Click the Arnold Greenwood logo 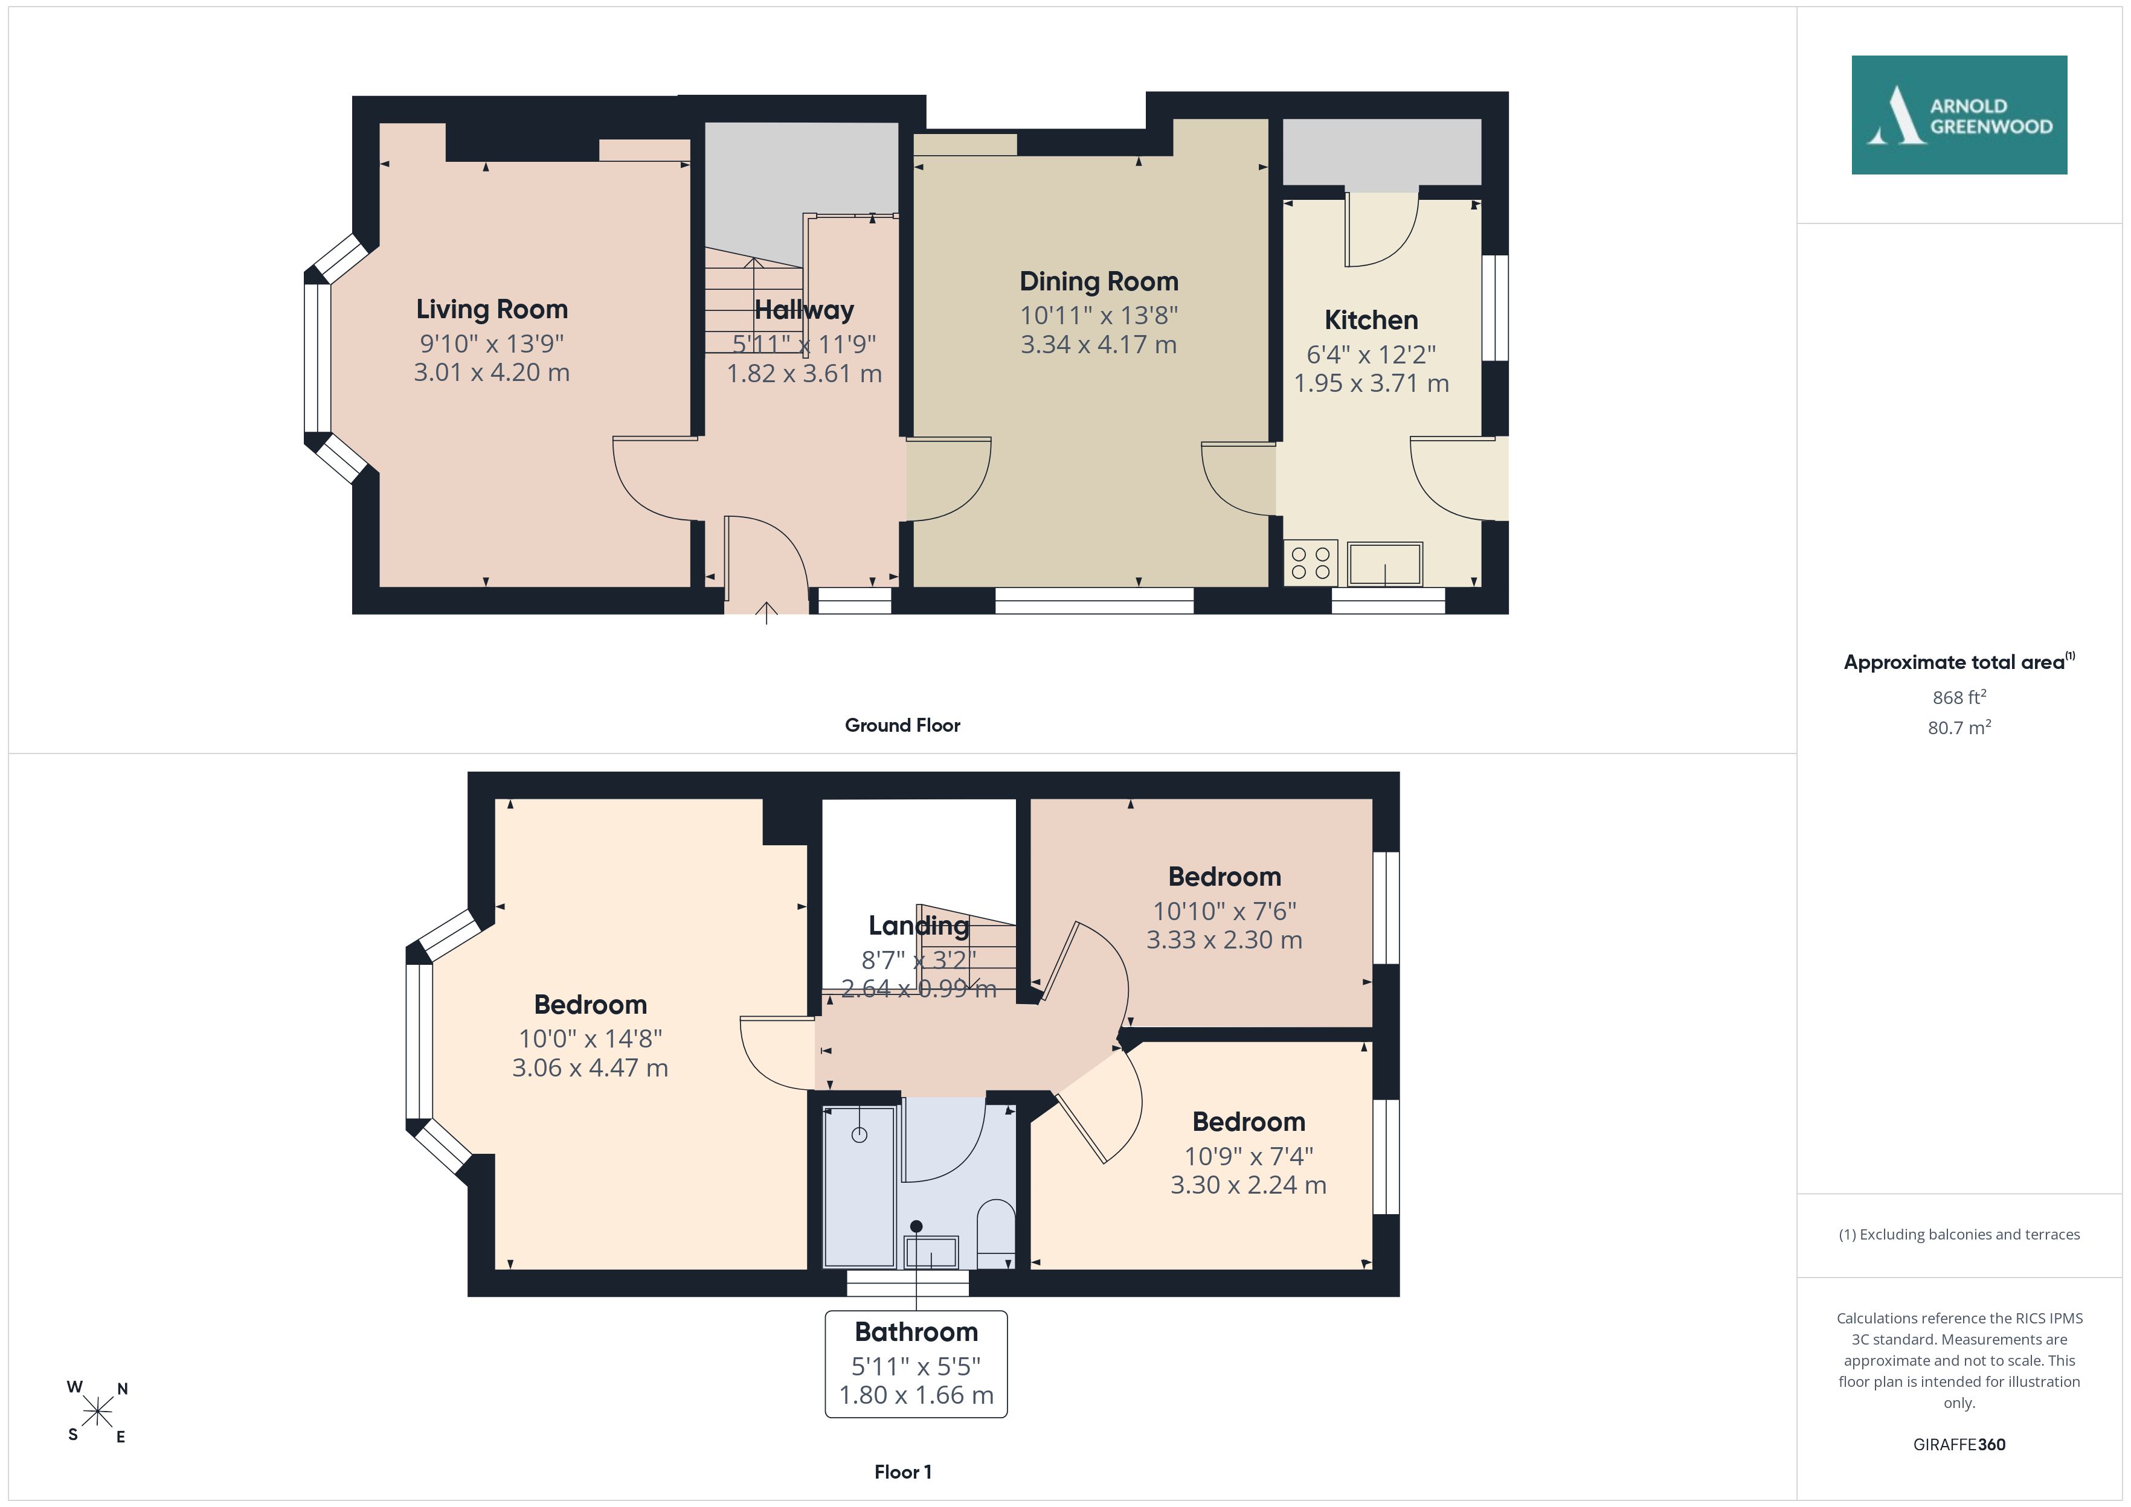click(1959, 115)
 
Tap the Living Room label click(492, 309)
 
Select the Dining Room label click(1099, 281)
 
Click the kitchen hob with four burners click(1311, 562)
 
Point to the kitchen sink click(1385, 564)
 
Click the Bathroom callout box click(916, 1364)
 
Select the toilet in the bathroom click(997, 1234)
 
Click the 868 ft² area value click(1959, 697)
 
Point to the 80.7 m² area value click(1959, 728)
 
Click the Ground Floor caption click(902, 726)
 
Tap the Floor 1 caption click(903, 1472)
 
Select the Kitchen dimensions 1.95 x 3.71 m click(1371, 383)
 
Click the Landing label click(919, 925)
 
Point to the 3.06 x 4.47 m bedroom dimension click(590, 1068)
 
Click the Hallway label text click(804, 310)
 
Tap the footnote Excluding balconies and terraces click(1959, 1234)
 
